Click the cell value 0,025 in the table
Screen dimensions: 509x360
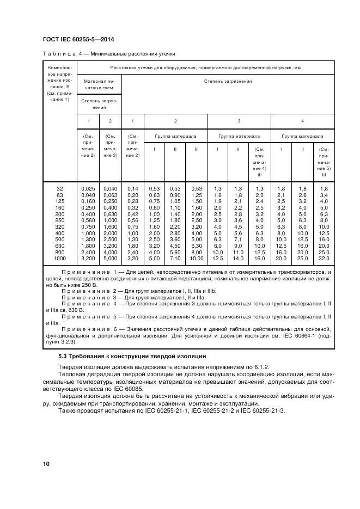pos(88,188)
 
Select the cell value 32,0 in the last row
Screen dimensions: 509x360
pos(324,259)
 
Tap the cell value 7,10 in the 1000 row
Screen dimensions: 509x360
pos(175,259)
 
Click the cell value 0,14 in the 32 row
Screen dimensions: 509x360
pos(133,188)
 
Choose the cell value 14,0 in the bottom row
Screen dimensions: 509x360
pos(239,259)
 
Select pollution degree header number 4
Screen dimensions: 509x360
pos(302,120)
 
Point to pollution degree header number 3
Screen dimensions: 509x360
pos(239,120)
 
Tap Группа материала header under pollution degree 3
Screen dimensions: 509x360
pos(239,136)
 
